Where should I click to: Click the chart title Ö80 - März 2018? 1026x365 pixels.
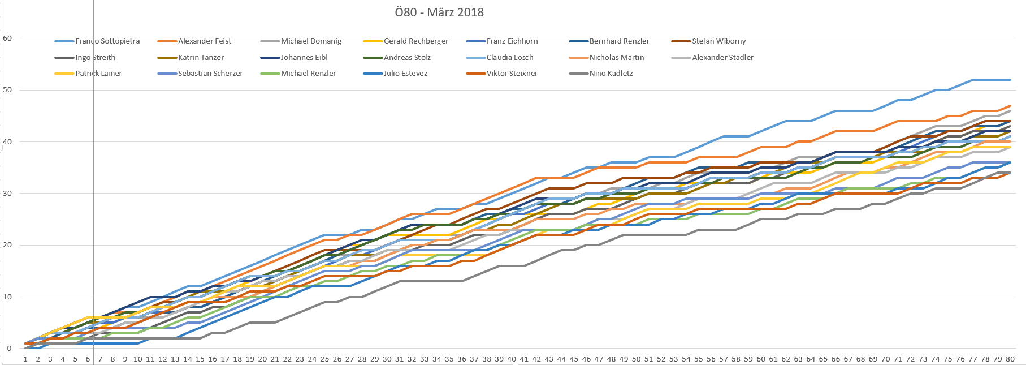coord(439,12)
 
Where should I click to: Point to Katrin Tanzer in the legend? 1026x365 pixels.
coord(201,58)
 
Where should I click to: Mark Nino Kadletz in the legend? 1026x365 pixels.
coord(611,74)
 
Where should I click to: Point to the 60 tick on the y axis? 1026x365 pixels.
coord(7,38)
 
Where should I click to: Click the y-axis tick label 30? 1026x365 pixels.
coord(7,194)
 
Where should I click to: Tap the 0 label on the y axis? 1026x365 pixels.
coord(9,349)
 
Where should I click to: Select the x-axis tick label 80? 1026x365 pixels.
coord(1010,359)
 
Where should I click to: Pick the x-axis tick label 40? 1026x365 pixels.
coord(512,359)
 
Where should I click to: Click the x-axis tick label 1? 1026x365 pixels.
coord(25,359)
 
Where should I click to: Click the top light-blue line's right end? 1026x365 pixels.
coord(1010,80)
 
